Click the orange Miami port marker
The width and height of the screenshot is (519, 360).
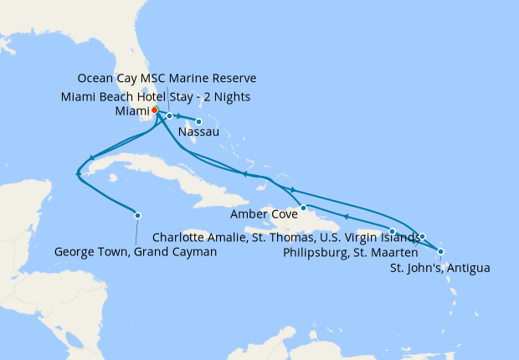(155, 110)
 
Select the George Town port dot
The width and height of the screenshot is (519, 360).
(137, 214)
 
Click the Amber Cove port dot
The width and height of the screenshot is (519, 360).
(304, 207)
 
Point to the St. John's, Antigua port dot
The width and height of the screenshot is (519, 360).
(441, 251)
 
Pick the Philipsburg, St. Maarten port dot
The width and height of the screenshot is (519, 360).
(423, 236)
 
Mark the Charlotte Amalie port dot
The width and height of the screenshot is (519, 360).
(392, 230)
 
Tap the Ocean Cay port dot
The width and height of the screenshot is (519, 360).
(169, 116)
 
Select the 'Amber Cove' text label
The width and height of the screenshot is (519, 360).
(267, 215)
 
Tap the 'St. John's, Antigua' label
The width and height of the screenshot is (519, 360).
(440, 268)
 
